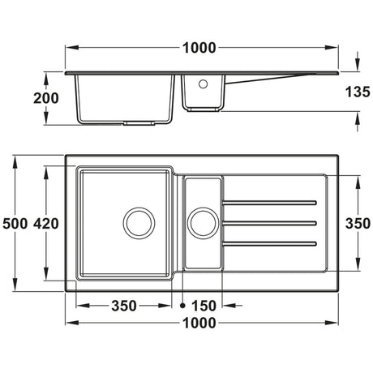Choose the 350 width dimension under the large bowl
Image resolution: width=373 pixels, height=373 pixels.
(x=123, y=306)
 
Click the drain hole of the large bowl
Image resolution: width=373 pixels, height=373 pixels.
(x=138, y=221)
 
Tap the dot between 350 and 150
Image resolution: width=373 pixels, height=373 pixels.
(x=183, y=306)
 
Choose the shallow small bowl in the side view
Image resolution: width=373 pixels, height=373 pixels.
(x=203, y=93)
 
